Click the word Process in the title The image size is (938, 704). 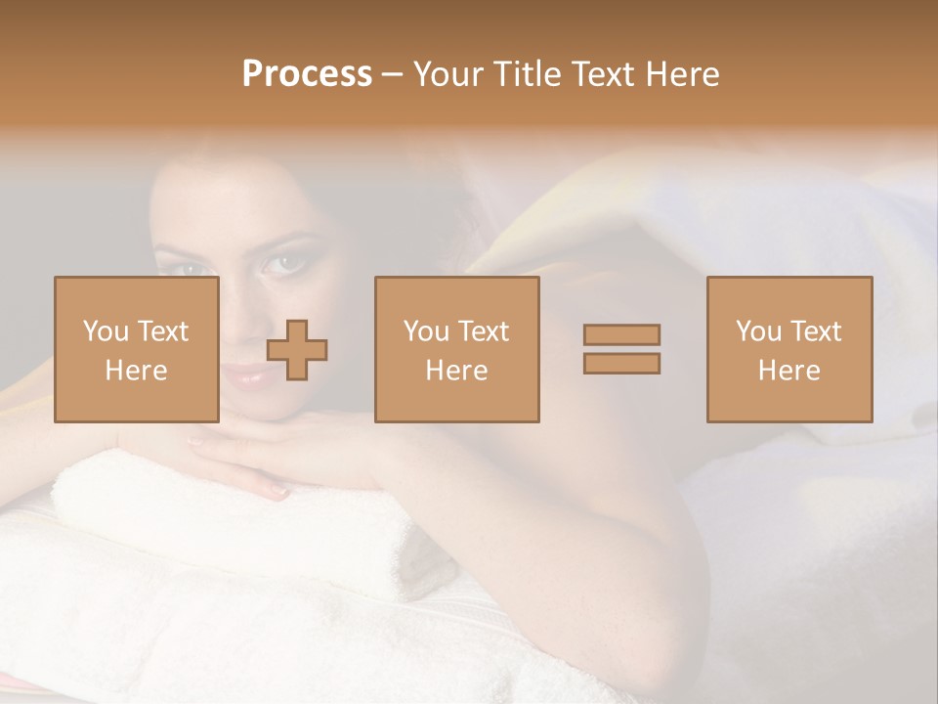tap(307, 74)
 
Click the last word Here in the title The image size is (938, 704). tap(681, 74)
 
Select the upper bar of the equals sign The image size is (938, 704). tap(621, 334)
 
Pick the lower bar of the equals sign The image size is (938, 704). tap(621, 363)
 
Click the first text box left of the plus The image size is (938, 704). tap(137, 349)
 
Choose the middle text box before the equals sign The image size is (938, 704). tap(456, 349)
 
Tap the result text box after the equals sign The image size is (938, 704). tap(789, 349)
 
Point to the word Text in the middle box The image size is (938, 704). tap(483, 331)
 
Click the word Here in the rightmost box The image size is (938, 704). tap(789, 371)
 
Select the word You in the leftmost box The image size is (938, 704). tap(106, 331)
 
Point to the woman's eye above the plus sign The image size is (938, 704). tap(283, 262)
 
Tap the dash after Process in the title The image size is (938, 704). tap(393, 74)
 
